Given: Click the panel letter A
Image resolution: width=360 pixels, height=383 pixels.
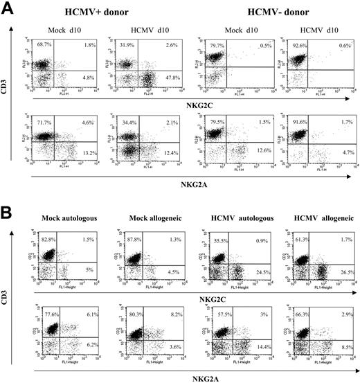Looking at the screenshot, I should [9, 9].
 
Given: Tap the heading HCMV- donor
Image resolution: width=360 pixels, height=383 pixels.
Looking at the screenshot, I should [271, 10].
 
